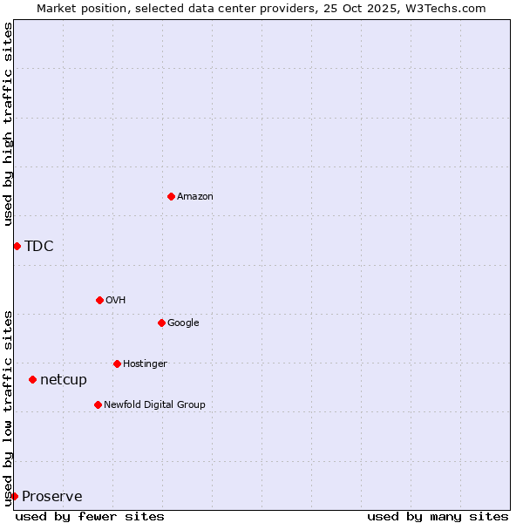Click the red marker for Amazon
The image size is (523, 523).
[171, 196]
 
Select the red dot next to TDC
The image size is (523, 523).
[17, 246]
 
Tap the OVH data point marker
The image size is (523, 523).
[99, 300]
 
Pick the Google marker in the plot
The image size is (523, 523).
[161, 323]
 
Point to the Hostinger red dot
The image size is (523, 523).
[117, 363]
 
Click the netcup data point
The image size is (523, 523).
[32, 379]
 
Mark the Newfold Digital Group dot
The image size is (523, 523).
[98, 404]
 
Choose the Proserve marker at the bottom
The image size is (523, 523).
[14, 496]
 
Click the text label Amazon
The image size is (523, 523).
[195, 196]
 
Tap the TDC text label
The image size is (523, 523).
[39, 246]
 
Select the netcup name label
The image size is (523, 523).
[64, 379]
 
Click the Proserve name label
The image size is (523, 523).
[52, 496]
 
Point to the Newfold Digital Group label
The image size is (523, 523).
[154, 404]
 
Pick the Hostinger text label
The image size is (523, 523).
[145, 363]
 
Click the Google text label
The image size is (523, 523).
[183, 323]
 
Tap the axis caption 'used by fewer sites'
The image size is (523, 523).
[90, 516]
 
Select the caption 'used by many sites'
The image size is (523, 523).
[438, 516]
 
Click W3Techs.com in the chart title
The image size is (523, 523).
[443, 8]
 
